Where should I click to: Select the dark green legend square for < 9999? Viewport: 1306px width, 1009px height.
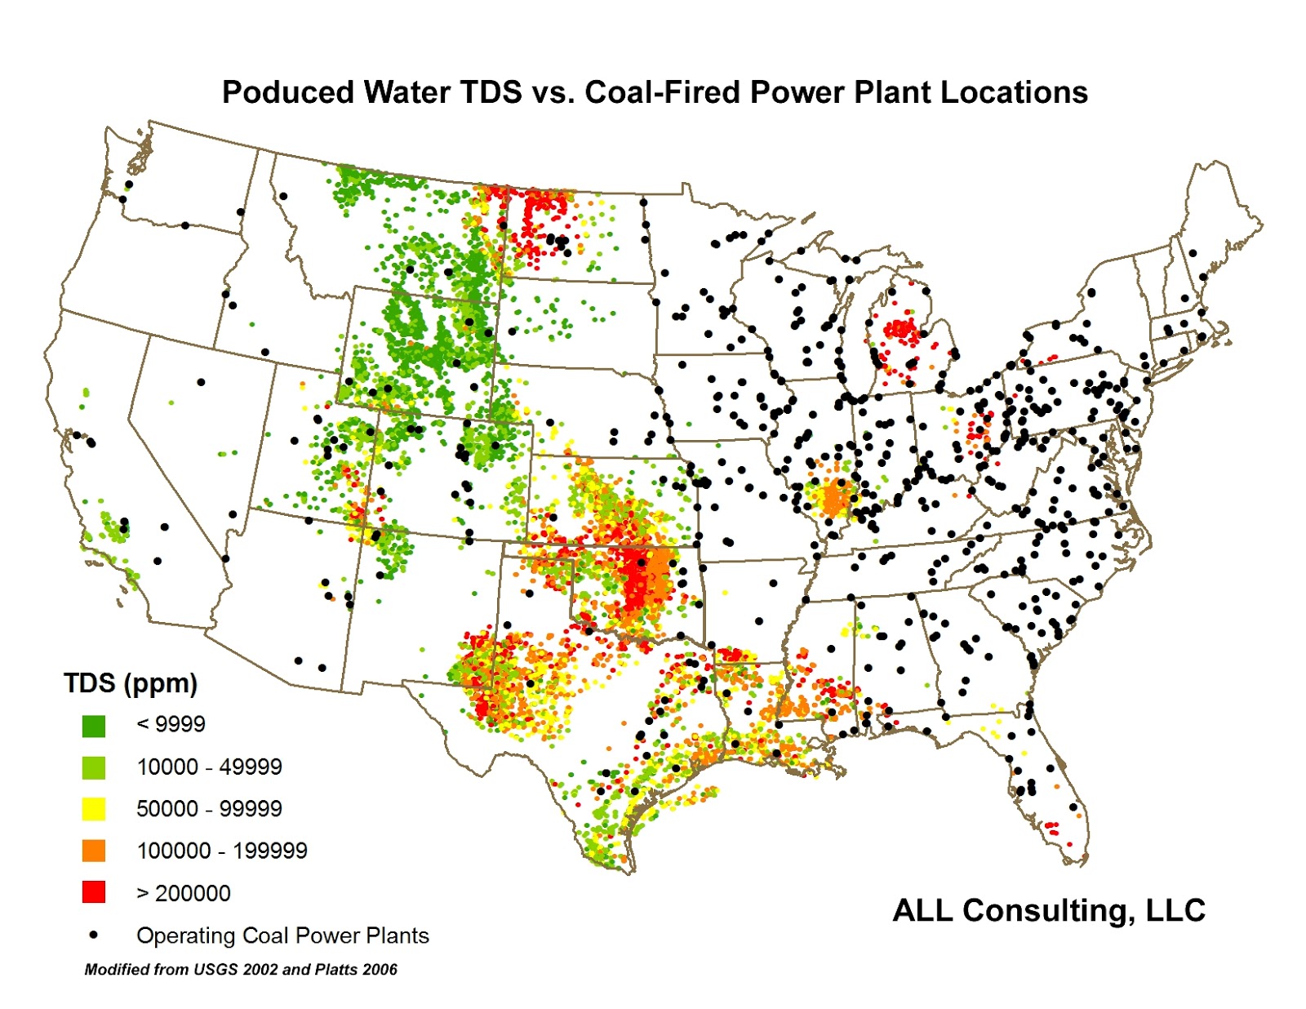tap(94, 726)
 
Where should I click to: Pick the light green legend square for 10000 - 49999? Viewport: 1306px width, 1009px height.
tap(94, 767)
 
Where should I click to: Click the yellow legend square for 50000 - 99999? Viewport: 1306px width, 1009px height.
tap(94, 809)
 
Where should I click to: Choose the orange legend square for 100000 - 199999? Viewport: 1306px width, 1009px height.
tap(94, 851)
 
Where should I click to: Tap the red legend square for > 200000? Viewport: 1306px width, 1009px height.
tap(94, 892)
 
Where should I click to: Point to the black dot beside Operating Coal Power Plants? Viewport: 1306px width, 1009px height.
tap(94, 935)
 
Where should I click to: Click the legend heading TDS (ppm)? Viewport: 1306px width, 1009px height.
tap(131, 683)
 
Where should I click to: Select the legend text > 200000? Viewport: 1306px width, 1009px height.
tap(184, 893)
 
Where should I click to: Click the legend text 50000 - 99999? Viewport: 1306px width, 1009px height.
tap(209, 809)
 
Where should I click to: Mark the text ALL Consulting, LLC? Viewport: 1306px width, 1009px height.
tap(1049, 910)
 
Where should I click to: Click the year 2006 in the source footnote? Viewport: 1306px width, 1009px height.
tap(380, 970)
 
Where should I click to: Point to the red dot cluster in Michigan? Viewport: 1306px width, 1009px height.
tap(901, 330)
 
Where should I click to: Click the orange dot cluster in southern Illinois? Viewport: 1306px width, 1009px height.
tap(833, 498)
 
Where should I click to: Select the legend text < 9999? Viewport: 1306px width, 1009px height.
tap(171, 724)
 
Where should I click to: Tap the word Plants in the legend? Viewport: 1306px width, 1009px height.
tap(398, 936)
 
